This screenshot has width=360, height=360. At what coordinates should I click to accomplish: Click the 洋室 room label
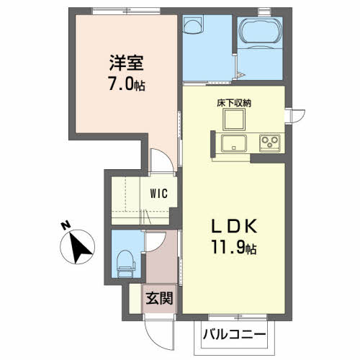[127, 63]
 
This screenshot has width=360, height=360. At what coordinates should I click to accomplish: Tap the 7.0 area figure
[121, 84]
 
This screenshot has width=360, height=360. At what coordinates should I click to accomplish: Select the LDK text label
[234, 226]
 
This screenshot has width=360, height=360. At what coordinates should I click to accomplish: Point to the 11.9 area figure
[228, 247]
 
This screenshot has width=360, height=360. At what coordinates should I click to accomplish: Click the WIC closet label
[159, 194]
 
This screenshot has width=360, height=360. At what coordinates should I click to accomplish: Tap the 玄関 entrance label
[159, 299]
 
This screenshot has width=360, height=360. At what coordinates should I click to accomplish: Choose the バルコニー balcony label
[234, 334]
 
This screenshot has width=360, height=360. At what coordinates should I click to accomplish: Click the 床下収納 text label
[234, 103]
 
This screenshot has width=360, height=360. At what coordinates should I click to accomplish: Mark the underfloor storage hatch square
[234, 120]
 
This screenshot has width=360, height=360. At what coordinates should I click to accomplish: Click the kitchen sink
[234, 143]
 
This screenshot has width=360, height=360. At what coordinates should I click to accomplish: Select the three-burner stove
[270, 143]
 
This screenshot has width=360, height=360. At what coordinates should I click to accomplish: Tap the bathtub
[260, 31]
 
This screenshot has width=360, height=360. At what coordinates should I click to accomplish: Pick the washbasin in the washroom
[193, 24]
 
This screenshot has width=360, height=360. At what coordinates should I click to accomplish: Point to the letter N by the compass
[66, 225]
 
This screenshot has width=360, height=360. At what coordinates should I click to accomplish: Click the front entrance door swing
[158, 333]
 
